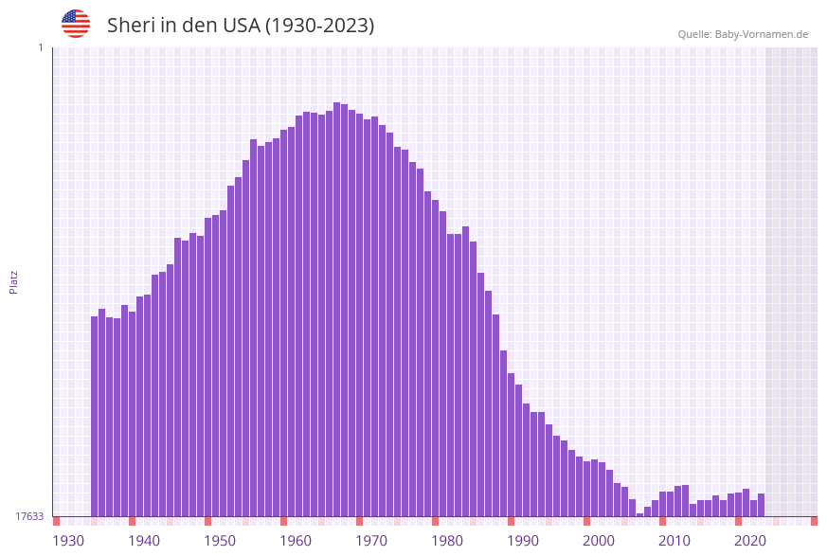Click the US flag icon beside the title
tap(76, 24)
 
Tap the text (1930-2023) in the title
tap(319, 26)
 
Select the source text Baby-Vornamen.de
tap(762, 34)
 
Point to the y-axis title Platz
tap(14, 281)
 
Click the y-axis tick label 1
tap(40, 47)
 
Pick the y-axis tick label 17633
tap(29, 516)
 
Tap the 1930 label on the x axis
tap(68, 541)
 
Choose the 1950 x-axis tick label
tap(220, 541)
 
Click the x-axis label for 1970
tap(371, 541)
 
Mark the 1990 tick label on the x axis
tap(523, 541)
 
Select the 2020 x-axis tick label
tap(750, 541)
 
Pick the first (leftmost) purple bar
tap(95, 416)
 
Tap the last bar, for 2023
tap(762, 505)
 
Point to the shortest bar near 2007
tap(640, 514)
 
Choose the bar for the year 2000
tap(602, 489)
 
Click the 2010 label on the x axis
tap(674, 541)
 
